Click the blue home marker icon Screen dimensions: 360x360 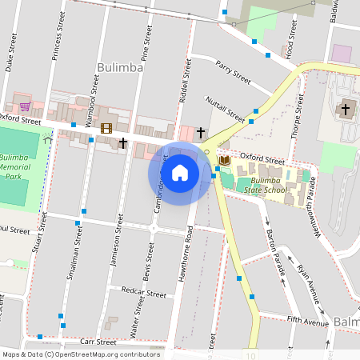coord(180,172)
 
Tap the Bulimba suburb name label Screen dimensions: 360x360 coord(119,68)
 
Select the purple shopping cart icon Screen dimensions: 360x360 coord(25,106)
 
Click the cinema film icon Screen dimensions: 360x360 coord(106,128)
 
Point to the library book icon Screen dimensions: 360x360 coord(225,161)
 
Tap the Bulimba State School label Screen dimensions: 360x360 coord(261,186)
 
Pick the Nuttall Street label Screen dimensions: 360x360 coord(226,107)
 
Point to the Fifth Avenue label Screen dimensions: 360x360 coord(307,322)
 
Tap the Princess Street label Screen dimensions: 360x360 coord(58,33)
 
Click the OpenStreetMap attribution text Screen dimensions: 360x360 coord(80,354)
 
